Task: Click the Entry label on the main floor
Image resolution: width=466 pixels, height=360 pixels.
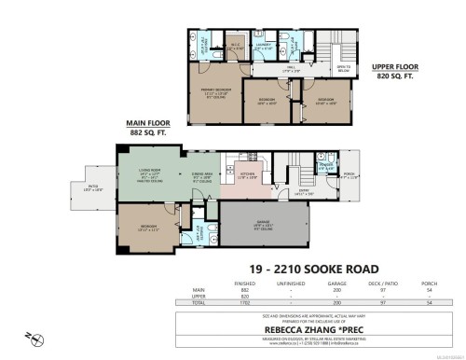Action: click(x=304, y=194)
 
